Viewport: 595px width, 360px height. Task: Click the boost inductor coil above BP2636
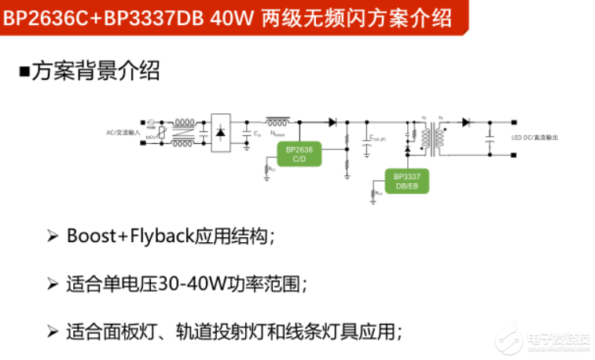point(277,122)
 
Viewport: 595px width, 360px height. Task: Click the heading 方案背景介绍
point(96,72)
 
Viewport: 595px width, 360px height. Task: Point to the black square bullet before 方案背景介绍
point(24,72)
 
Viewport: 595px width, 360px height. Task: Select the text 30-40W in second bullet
point(188,284)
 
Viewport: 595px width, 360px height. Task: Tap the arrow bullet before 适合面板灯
point(53,331)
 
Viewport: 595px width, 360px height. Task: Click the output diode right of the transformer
point(465,122)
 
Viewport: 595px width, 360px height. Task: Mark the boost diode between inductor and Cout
point(332,122)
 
